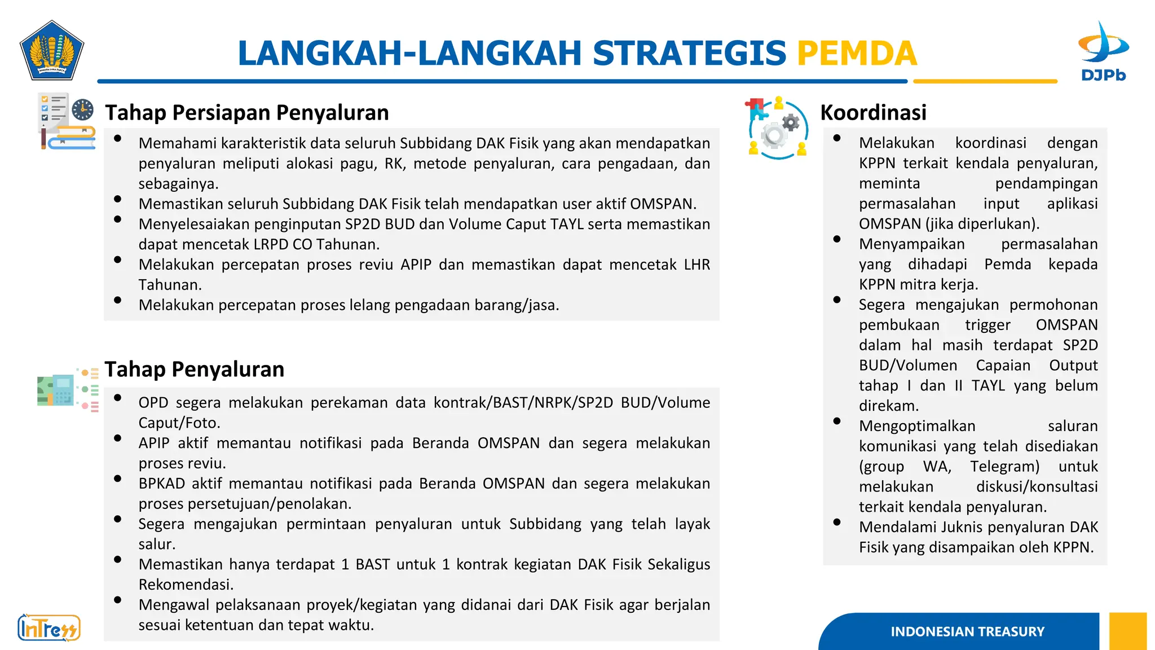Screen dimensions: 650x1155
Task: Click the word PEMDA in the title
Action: click(857, 53)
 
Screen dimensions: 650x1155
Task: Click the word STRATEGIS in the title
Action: click(689, 53)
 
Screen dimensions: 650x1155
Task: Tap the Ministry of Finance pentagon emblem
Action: click(52, 51)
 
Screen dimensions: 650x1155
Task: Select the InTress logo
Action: click(49, 627)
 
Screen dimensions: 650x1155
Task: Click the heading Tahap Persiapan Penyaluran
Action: click(247, 113)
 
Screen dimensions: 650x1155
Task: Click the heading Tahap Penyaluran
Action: click(195, 370)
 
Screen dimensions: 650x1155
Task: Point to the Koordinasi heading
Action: click(873, 113)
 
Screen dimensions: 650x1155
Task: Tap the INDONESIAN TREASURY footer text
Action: click(967, 631)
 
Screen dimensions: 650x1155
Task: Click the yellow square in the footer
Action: click(1127, 631)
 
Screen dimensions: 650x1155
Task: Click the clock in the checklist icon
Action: click(83, 109)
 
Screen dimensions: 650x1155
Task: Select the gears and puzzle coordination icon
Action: click(778, 128)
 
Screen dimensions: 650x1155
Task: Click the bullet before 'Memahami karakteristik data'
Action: click(117, 139)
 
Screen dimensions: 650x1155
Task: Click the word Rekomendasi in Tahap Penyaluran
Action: click(186, 585)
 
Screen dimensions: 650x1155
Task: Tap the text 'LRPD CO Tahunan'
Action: click(316, 244)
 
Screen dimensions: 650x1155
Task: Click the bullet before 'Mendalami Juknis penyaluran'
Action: click(837, 522)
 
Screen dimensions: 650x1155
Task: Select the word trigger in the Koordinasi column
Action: click(988, 325)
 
